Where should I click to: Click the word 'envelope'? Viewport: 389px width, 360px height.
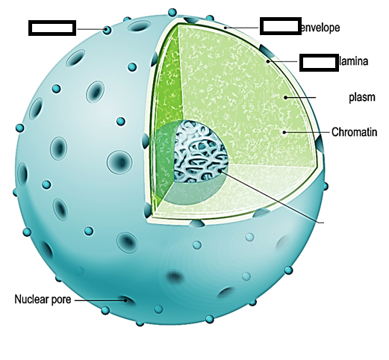pyautogui.click(x=320, y=28)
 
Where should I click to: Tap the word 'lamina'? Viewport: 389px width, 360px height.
pyautogui.click(x=353, y=61)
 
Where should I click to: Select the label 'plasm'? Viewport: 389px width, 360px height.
pyautogui.click(x=362, y=97)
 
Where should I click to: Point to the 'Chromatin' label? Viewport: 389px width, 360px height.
pyautogui.click(x=355, y=132)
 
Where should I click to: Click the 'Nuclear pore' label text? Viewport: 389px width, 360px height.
pyautogui.click(x=43, y=300)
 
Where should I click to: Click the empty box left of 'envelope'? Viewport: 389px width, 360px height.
pyautogui.click(x=281, y=26)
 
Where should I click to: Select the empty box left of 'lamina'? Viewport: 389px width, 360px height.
pyautogui.click(x=319, y=63)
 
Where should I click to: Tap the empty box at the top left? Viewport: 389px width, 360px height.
pyautogui.click(x=52, y=28)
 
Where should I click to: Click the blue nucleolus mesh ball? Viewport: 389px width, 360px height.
pyautogui.click(x=200, y=151)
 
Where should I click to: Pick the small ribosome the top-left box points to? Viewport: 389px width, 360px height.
pyautogui.click(x=107, y=30)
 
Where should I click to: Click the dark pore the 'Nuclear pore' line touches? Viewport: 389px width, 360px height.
pyautogui.click(x=126, y=300)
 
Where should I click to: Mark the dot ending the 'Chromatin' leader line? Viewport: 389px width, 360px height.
pyautogui.click(x=284, y=132)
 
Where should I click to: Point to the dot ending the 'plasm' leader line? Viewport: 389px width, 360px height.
pyautogui.click(x=286, y=97)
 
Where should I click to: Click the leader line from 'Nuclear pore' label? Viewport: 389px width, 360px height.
pyautogui.click(x=100, y=300)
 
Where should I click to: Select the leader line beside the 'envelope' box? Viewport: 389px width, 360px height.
pyautogui.click(x=242, y=28)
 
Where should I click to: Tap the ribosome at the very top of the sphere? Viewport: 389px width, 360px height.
pyautogui.click(x=172, y=12)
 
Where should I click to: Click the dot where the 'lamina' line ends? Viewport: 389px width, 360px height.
pyautogui.click(x=268, y=61)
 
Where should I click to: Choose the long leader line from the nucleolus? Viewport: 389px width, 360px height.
pyautogui.click(x=272, y=196)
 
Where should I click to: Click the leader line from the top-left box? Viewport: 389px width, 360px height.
pyautogui.click(x=91, y=29)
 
